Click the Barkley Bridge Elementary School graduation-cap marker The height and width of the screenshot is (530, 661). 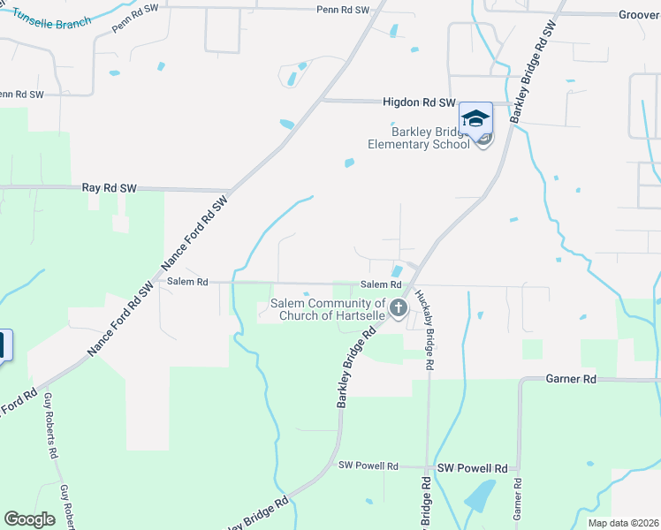click(x=475, y=118)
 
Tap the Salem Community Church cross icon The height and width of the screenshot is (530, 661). click(x=398, y=308)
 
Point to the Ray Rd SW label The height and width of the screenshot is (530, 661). click(x=109, y=188)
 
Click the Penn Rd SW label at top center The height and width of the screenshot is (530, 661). click(x=343, y=9)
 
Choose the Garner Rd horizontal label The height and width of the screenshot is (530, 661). click(x=571, y=378)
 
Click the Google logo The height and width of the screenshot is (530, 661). click(x=29, y=519)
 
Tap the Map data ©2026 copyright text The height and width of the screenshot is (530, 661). click(x=624, y=523)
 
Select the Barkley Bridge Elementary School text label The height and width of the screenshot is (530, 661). click(x=419, y=138)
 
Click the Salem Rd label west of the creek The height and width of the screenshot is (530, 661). click(x=187, y=282)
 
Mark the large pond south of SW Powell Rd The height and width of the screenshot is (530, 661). click(x=480, y=496)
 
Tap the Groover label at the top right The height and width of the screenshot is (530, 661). click(x=638, y=15)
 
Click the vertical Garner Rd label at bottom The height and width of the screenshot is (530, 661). click(x=518, y=499)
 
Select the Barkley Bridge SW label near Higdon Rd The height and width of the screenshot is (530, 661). click(x=533, y=66)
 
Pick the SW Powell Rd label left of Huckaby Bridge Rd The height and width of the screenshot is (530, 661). click(x=368, y=466)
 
